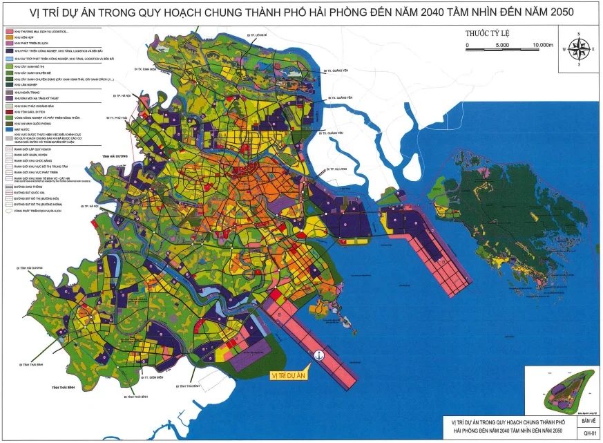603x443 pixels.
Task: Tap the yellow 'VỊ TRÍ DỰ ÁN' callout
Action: [289, 376]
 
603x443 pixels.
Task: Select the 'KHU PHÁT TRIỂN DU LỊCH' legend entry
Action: [28, 44]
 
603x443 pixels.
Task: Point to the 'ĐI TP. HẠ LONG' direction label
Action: [338, 169]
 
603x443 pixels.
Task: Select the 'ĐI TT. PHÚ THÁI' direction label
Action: [115, 118]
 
